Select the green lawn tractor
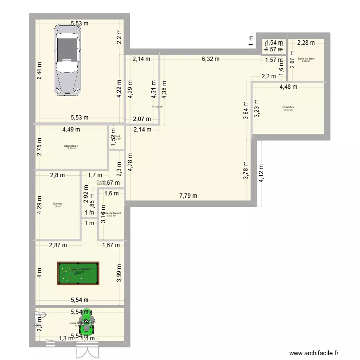coord(87,322)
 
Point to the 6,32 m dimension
coord(210,59)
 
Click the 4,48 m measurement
coord(288,87)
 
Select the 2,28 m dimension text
coord(306,43)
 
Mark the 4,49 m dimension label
coord(71,129)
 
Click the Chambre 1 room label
coord(71,146)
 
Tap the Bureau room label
coord(58,204)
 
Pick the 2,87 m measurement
coord(58,245)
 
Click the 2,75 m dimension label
coord(39,147)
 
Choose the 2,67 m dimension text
coord(292,63)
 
